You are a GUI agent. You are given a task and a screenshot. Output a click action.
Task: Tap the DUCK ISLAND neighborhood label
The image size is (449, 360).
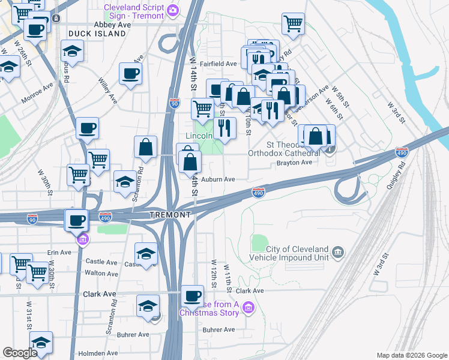97,34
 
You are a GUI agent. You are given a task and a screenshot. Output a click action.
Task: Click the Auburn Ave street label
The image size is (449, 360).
218,179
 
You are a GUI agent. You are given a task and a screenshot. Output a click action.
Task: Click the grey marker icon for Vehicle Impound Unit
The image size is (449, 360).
337,250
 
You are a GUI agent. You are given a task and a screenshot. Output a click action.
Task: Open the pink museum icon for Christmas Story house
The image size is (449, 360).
249,308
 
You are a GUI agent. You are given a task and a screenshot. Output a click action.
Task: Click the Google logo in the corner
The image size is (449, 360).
20,353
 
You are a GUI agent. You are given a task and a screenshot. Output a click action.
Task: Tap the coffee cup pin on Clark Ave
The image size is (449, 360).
192,295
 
